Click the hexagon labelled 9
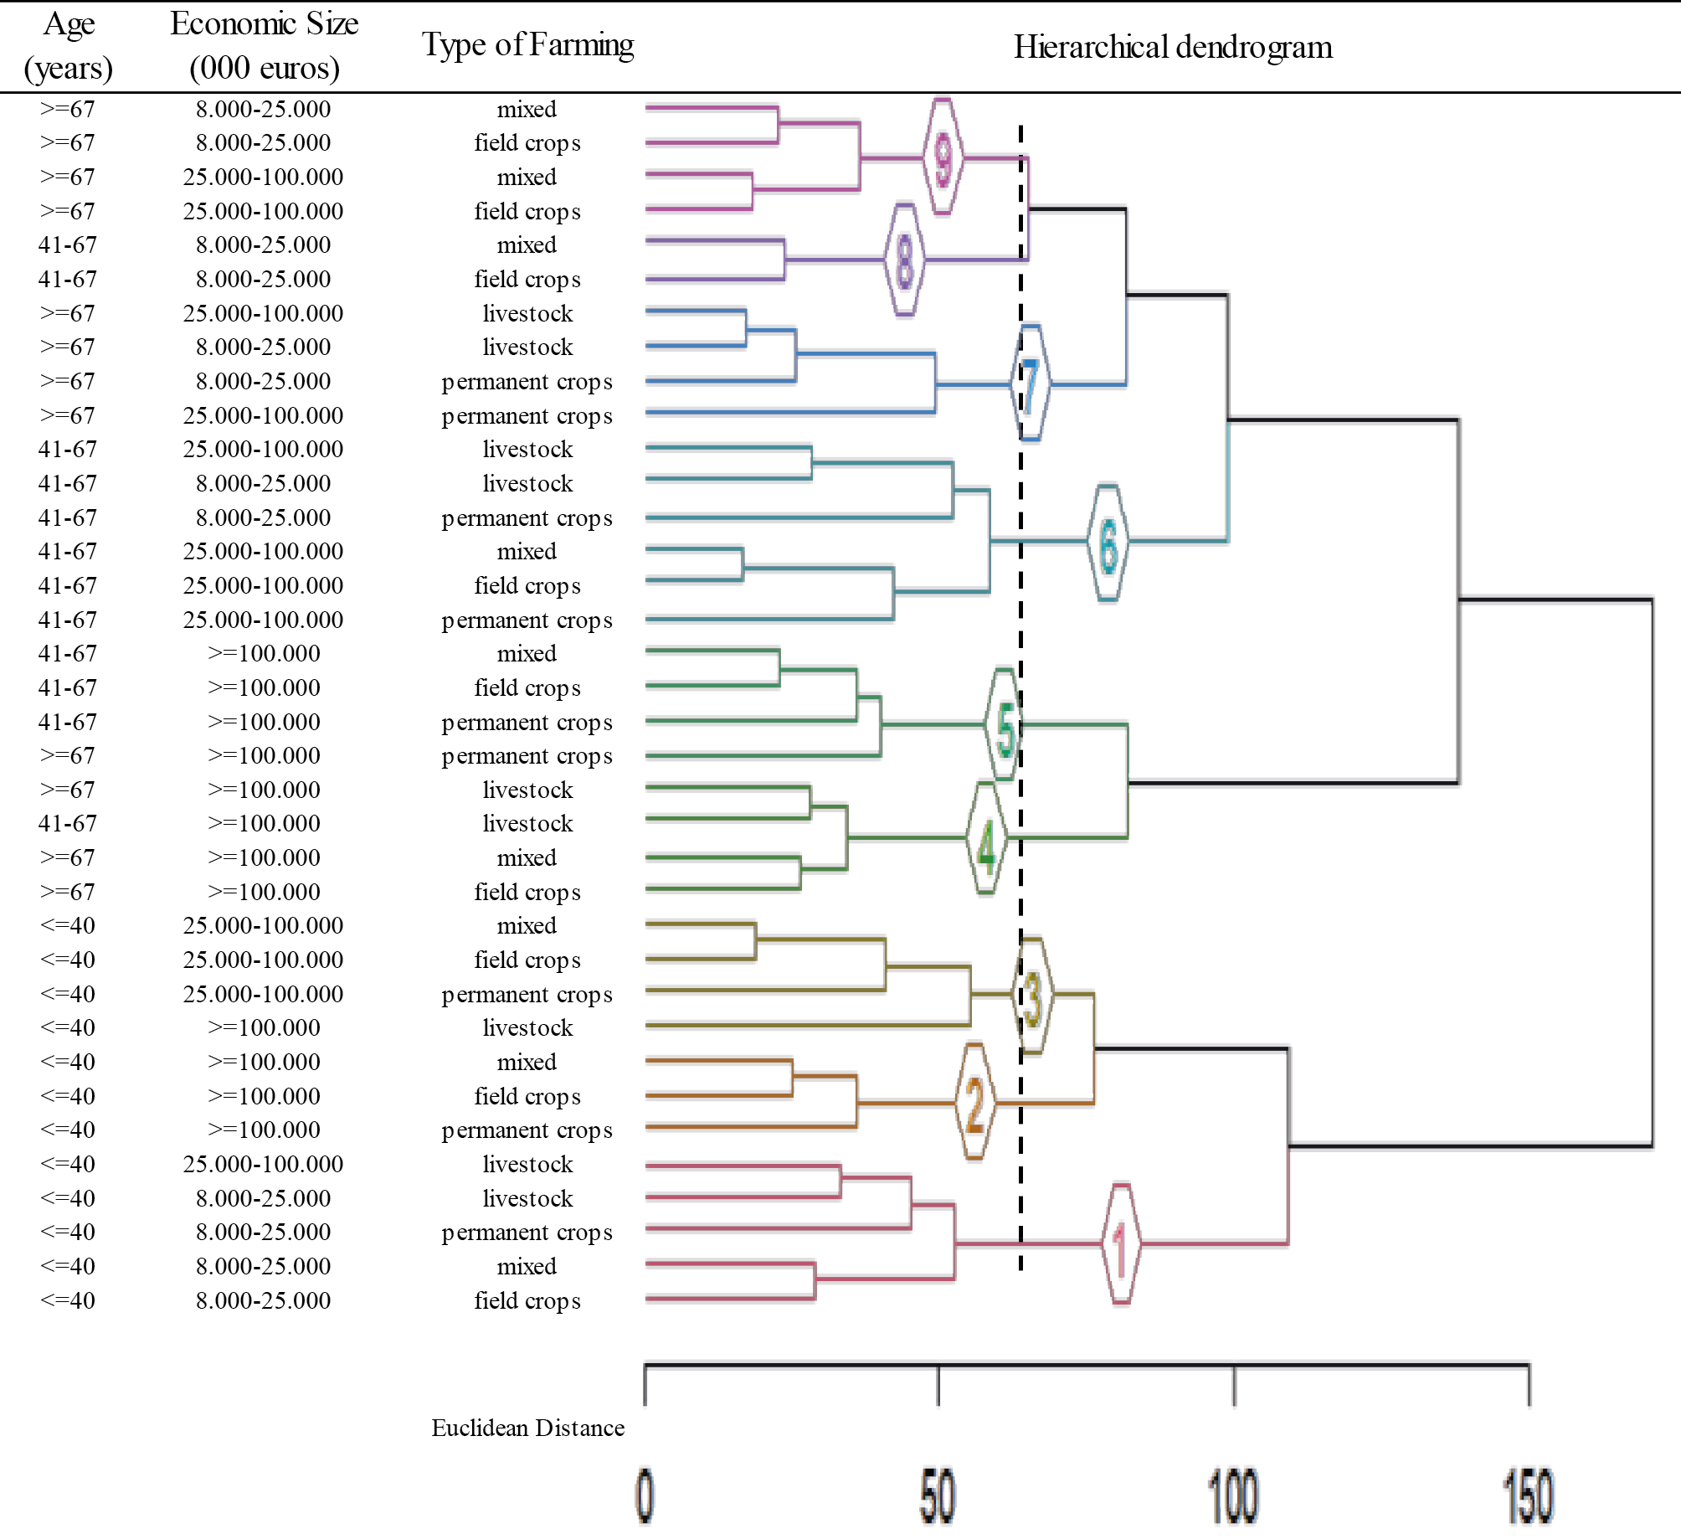[943, 157]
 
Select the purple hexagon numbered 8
[905, 260]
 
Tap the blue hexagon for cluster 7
[1031, 383]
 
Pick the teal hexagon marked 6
[1108, 542]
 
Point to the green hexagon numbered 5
[1005, 724]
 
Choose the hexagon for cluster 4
[986, 837]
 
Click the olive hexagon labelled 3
[1032, 995]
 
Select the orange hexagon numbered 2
[974, 1102]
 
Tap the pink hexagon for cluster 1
[1121, 1244]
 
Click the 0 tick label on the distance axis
[645, 1495]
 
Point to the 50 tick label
[938, 1495]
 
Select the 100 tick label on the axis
[1233, 1495]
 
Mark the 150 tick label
[1529, 1495]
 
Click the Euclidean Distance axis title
[527, 1428]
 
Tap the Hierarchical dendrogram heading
[1173, 47]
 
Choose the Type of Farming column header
[527, 44]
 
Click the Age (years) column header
[69, 45]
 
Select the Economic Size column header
[265, 45]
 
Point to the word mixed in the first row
[527, 109]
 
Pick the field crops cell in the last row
[527, 1300]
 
